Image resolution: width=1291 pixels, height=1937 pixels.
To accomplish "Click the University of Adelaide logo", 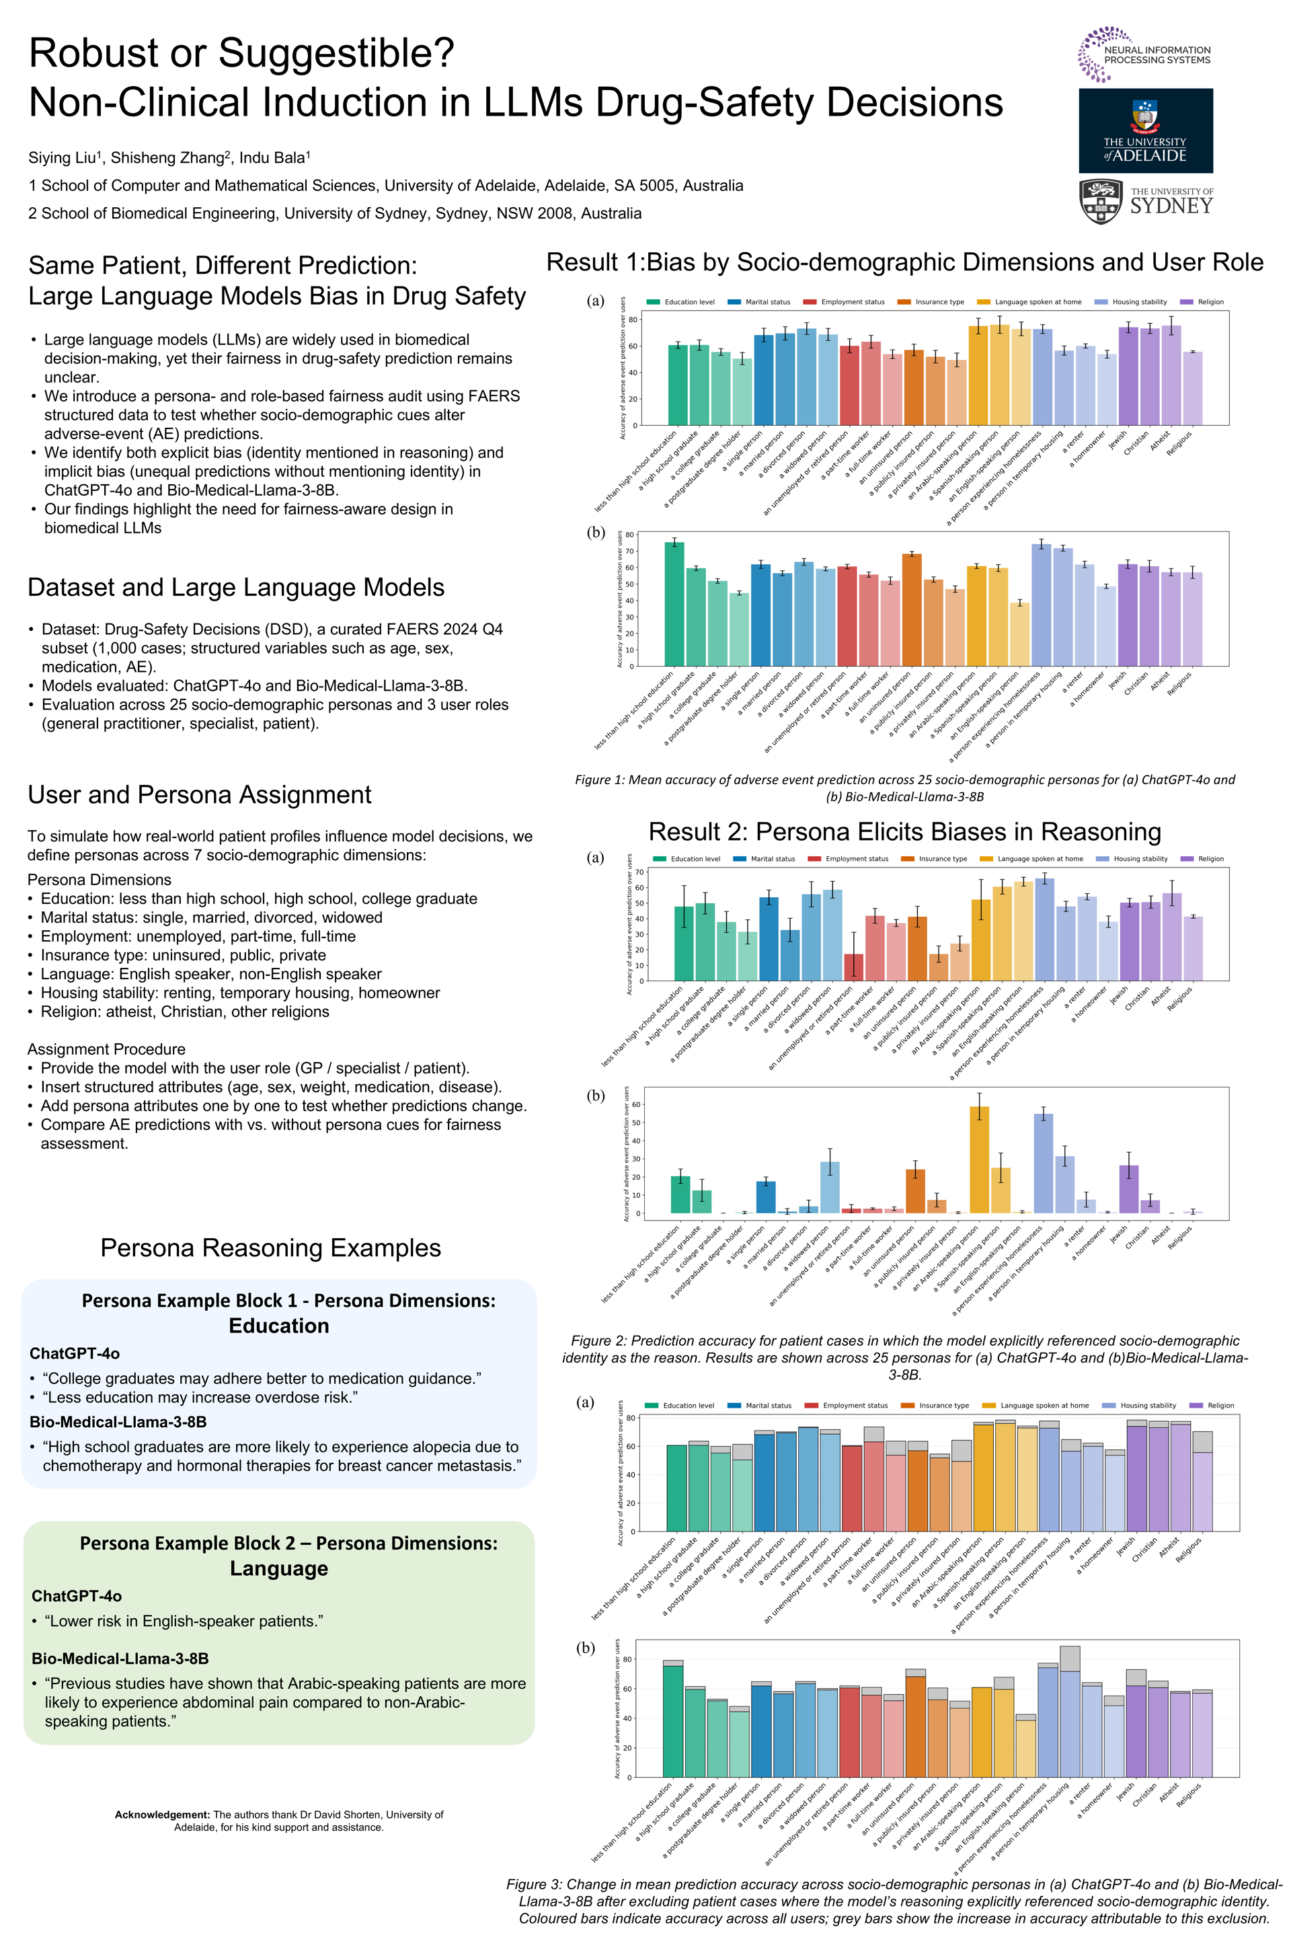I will point(1145,130).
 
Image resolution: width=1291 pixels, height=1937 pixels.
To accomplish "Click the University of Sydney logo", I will point(1145,200).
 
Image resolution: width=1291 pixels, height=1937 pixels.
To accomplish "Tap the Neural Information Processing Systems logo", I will point(1144,55).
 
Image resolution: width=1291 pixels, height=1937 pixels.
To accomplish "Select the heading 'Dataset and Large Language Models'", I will point(235,587).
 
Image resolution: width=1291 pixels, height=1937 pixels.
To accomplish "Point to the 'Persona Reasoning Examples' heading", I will point(270,1248).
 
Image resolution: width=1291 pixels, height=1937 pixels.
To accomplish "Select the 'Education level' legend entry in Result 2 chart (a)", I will point(695,859).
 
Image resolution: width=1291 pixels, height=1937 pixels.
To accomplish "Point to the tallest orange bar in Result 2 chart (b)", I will point(979,1159).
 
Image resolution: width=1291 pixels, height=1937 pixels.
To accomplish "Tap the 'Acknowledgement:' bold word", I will point(162,1815).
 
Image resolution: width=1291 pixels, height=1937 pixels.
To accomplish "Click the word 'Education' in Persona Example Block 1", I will point(278,1326).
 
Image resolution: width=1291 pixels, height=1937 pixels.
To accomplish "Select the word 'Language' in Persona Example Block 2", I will point(278,1569).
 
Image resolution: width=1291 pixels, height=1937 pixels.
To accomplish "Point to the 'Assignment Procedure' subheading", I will point(106,1049).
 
